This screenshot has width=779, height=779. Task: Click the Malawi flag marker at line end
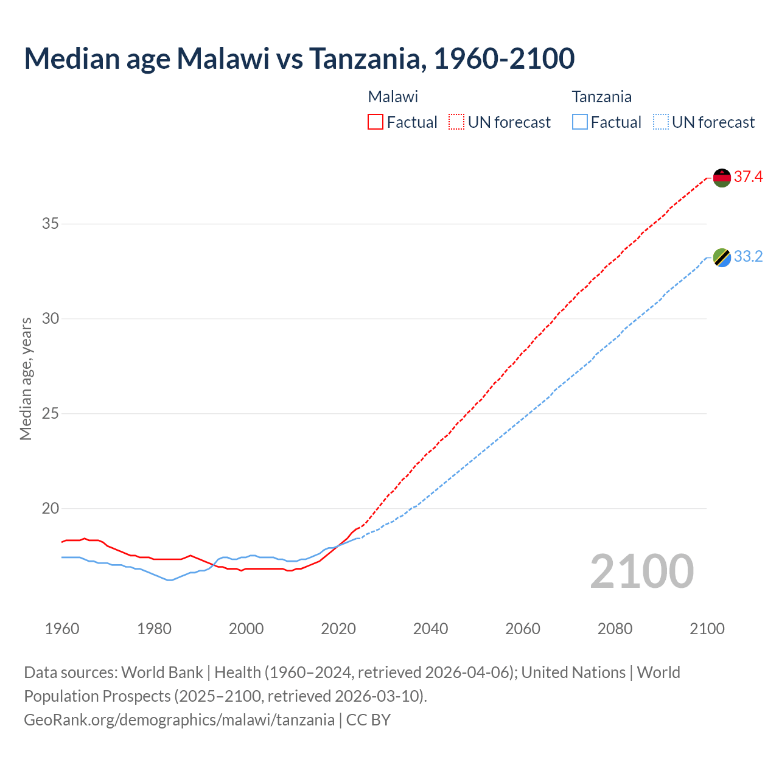pos(722,178)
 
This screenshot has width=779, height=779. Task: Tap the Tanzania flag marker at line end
pos(722,257)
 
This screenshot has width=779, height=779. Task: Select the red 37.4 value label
pos(748,177)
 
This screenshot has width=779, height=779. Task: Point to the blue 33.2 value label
pos(748,257)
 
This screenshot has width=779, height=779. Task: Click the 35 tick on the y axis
pos(50,224)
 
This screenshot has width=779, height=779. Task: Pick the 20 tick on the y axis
pos(50,509)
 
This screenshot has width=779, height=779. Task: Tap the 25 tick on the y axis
pos(50,414)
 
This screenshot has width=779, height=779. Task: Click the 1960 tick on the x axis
pos(62,629)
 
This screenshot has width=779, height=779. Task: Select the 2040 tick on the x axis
pos(430,629)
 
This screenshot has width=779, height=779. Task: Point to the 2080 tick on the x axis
pos(615,629)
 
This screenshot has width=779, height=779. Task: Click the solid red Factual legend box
pos(376,122)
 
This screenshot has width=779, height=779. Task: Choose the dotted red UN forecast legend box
pos(456,122)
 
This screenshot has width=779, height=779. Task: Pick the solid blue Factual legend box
pos(580,122)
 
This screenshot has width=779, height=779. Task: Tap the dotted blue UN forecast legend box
pos(660,122)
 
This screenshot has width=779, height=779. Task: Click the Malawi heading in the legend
pos(393,97)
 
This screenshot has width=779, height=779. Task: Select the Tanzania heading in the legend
pos(601,97)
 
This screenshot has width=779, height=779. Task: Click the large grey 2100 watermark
pos(641,571)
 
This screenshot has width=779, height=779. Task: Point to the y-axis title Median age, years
pos(26,379)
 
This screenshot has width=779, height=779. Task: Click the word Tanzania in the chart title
pos(364,58)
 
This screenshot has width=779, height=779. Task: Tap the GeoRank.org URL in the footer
pos(179,720)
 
